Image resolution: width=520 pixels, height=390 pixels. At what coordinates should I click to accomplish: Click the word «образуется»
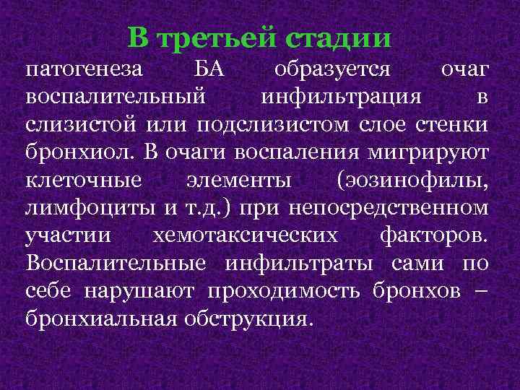(x=334, y=71)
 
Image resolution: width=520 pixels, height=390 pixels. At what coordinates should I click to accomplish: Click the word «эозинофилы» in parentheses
(x=415, y=180)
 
